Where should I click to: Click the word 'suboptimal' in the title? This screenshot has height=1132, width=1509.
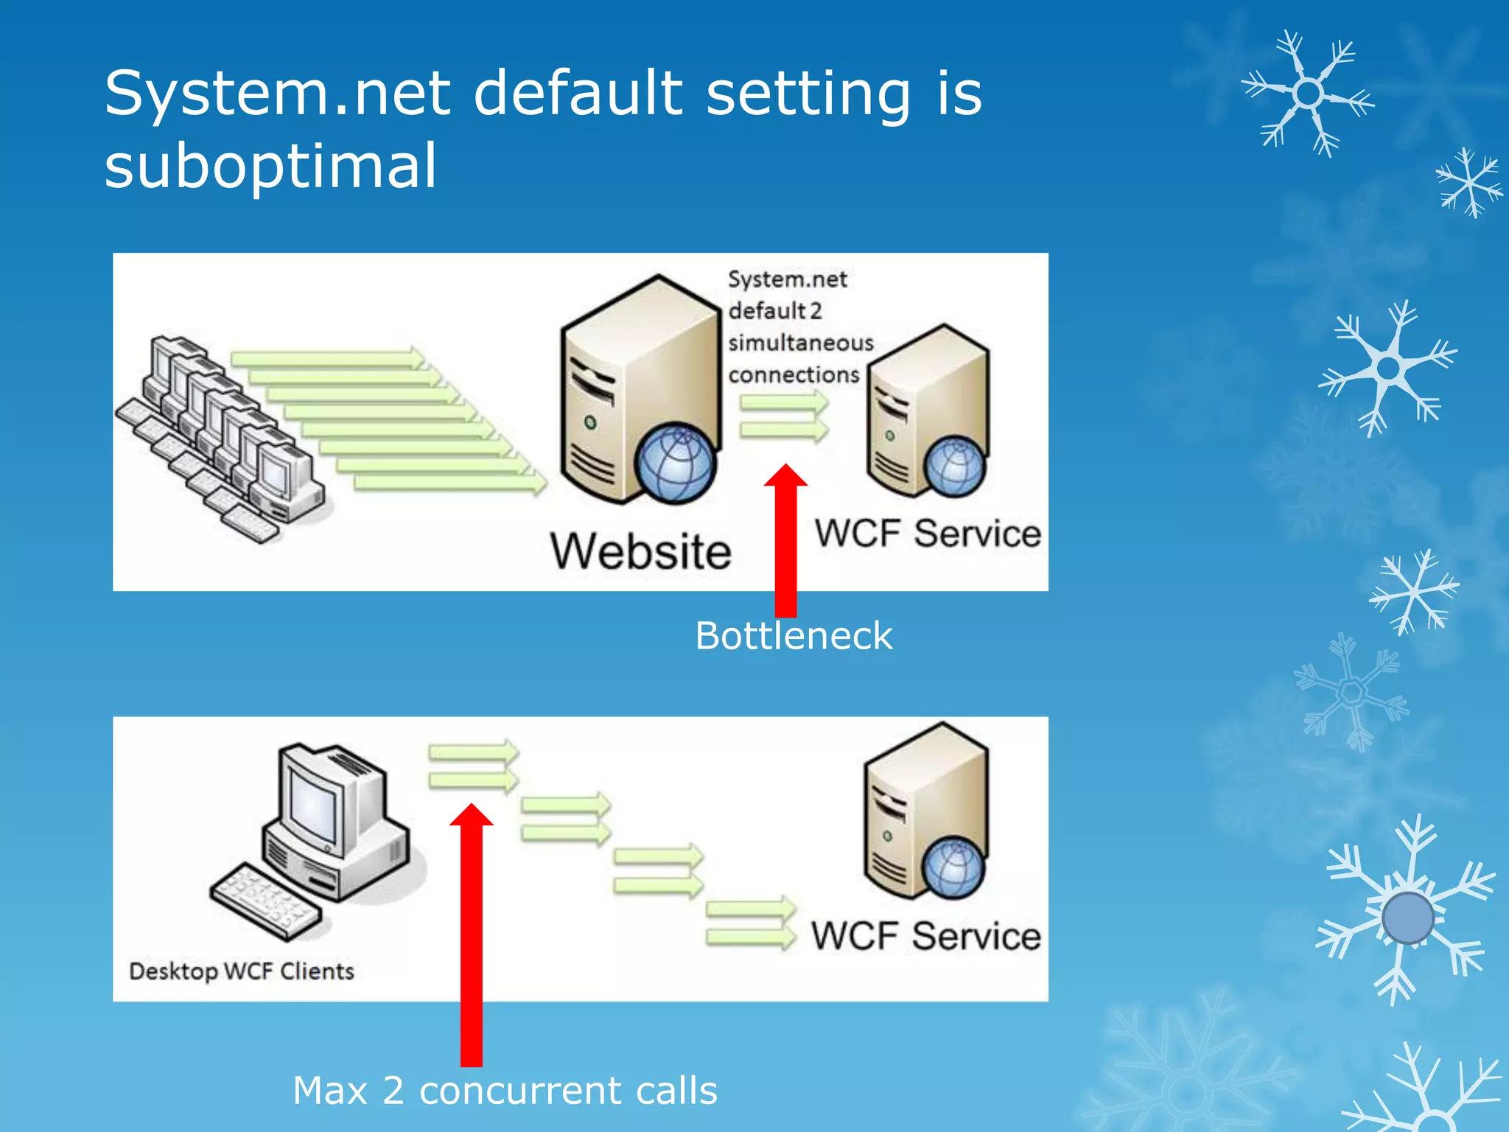click(270, 166)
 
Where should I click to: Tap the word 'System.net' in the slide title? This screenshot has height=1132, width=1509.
click(277, 94)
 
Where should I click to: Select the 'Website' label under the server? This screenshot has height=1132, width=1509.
click(640, 551)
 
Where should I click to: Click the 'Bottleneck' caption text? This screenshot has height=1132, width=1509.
click(794, 635)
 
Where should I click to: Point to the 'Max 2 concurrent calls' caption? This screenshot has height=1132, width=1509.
click(505, 1090)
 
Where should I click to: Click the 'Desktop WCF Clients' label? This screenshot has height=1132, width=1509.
click(242, 971)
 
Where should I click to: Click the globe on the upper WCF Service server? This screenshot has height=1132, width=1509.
click(956, 467)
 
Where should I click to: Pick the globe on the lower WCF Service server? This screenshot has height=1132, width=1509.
click(954, 867)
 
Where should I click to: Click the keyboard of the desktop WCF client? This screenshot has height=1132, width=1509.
click(266, 901)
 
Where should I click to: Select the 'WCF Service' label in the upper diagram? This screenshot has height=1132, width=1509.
click(928, 534)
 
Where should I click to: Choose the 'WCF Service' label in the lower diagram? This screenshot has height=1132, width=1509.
click(926, 936)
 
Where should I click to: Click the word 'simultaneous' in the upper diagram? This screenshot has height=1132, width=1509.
click(801, 343)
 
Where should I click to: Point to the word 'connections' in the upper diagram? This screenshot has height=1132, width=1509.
click(794, 375)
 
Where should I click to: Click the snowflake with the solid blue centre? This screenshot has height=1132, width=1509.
click(1407, 918)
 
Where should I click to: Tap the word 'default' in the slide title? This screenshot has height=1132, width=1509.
click(578, 94)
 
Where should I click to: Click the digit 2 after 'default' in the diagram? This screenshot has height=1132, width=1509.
click(816, 311)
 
